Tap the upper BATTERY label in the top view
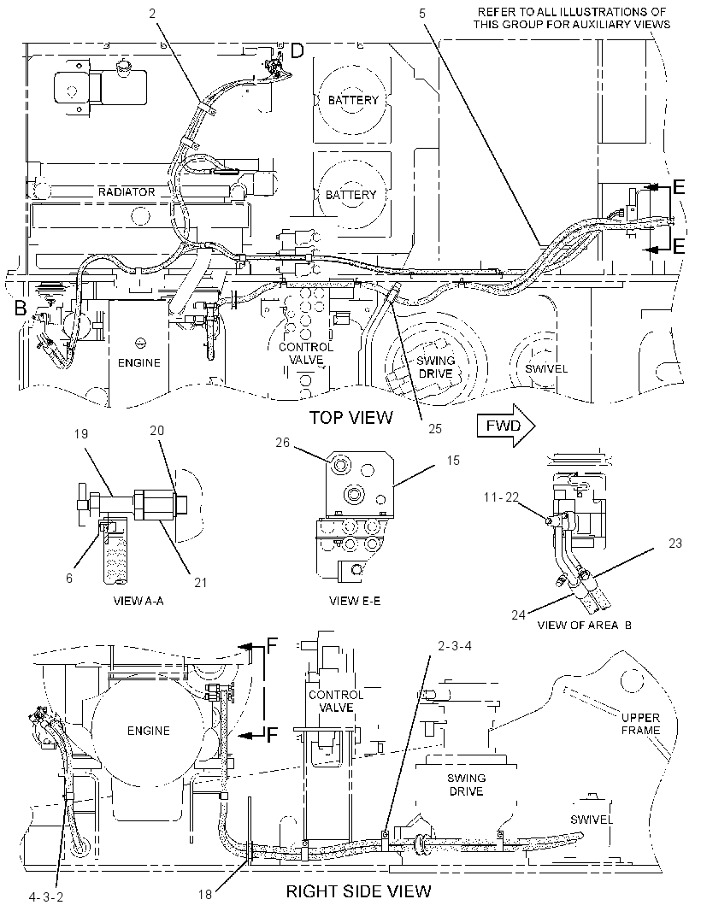[353, 100]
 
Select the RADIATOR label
[127, 191]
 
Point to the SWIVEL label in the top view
[546, 369]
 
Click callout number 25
[435, 428]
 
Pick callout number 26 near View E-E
[282, 442]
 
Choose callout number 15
[453, 460]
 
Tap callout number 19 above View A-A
[81, 433]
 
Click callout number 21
[200, 582]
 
